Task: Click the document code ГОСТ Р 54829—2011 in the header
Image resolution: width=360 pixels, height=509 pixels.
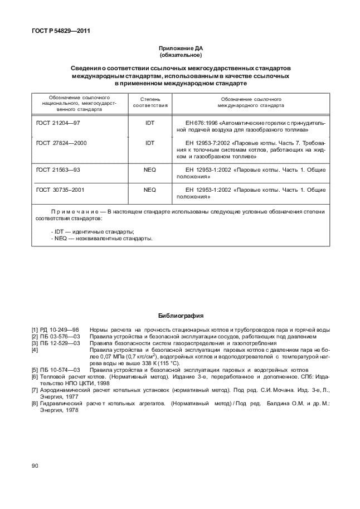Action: tap(57, 31)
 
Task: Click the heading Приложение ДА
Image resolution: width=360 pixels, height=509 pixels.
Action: tap(181, 49)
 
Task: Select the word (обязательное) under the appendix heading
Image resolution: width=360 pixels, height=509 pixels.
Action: tap(181, 56)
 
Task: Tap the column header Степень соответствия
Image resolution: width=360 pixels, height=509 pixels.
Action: tap(150, 101)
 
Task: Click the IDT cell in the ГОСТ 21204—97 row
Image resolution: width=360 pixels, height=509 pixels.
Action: tap(150, 122)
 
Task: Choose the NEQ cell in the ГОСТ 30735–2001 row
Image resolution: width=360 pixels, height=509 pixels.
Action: tap(150, 190)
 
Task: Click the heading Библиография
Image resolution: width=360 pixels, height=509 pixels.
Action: tap(180, 316)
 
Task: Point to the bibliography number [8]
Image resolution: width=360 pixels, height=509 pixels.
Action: tap(35, 403)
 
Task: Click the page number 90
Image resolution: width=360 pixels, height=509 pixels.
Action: tap(35, 466)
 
